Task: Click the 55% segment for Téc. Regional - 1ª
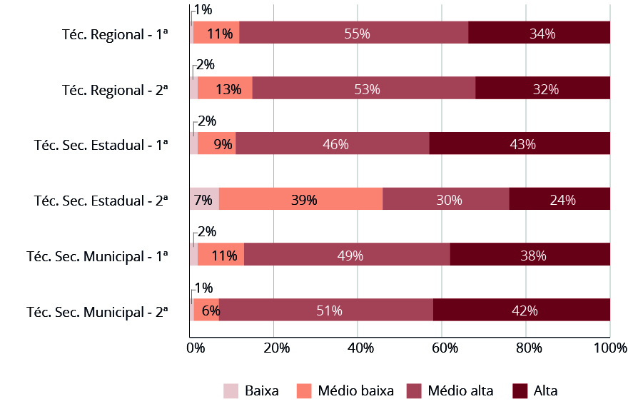pos(353,33)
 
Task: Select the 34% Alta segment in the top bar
pos(539,33)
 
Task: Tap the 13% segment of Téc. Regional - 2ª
pos(225,89)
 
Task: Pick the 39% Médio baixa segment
pos(300,200)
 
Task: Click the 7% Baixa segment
pos(203,200)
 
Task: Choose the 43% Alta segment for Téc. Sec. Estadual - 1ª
pos(520,144)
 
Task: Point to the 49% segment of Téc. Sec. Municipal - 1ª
pos(347,255)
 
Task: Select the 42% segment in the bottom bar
pos(521,310)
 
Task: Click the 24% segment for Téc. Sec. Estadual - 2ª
pos(559,200)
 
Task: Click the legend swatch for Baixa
pos(231,391)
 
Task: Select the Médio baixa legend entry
pos(355,391)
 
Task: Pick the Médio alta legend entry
pos(460,391)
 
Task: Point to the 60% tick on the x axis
pos(442,348)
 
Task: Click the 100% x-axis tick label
pos(611,348)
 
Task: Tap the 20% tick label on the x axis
pos(276,348)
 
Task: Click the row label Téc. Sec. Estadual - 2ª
pos(101,201)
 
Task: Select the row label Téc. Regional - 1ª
pos(115,34)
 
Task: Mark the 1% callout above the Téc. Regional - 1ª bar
pos(203,9)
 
